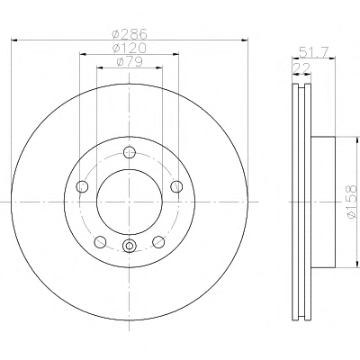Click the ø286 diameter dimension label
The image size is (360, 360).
[x=130, y=34]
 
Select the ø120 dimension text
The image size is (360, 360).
[x=130, y=48]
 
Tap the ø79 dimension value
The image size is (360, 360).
[x=130, y=62]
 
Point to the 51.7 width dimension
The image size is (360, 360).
[x=313, y=53]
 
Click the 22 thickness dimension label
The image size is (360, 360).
[x=301, y=68]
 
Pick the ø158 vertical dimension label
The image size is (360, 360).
[x=352, y=202]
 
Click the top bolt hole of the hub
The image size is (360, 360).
[x=130, y=152]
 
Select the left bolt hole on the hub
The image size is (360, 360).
[x=82, y=186]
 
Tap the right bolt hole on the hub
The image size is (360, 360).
[x=176, y=186]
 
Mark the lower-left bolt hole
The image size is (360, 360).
[x=100, y=242]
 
